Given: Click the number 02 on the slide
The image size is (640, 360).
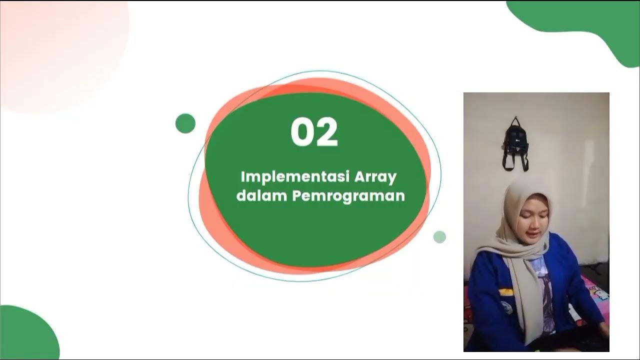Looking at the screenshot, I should [314, 132].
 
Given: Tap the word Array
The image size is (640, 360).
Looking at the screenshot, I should [375, 177].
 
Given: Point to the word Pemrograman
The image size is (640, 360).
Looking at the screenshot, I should [348, 196].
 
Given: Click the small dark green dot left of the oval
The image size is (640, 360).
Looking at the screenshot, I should [185, 123].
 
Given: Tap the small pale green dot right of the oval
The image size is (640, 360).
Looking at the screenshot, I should [439, 237].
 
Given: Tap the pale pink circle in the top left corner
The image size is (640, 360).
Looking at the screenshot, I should [60, 50].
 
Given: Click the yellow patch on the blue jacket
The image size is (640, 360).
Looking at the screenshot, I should [505, 291].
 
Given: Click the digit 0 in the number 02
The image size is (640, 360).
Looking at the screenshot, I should [301, 132].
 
